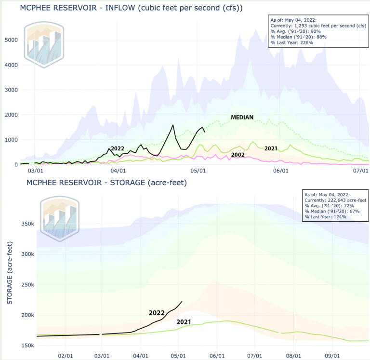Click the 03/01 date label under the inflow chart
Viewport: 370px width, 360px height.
[37, 171]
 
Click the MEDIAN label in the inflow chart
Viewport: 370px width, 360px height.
[242, 117]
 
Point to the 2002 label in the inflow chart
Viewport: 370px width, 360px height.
[238, 155]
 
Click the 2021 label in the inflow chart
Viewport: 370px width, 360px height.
[271, 148]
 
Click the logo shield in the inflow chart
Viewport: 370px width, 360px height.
[44, 44]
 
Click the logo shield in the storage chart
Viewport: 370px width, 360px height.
[58, 217]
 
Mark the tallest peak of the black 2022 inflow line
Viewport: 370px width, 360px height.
[172, 125]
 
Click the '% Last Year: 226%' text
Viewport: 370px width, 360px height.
[292, 42]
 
